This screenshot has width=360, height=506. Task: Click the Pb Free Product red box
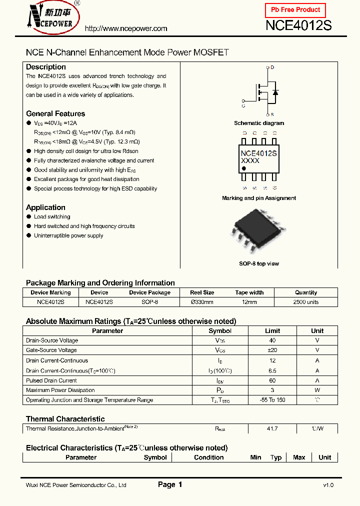pos(295,10)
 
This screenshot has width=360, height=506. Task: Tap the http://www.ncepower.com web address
pos(126,28)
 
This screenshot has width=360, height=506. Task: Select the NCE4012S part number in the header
pos(298,25)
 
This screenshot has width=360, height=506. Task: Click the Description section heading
pos(46,67)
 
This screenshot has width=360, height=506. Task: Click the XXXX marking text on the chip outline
pos(250,161)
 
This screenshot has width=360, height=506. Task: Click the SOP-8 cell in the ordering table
pos(149,302)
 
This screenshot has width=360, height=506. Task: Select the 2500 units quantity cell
pos(305,302)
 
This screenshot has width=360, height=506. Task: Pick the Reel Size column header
pos(202,292)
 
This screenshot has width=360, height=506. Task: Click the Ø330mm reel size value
pos(202,302)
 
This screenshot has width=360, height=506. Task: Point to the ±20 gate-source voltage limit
pos(272,350)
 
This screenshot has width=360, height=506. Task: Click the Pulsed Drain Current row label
pos(51,380)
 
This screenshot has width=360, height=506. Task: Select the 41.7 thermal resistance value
pos(272,428)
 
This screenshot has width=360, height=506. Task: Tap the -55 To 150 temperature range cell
pos(272,400)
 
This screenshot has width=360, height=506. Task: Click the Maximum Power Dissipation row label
pos(60,390)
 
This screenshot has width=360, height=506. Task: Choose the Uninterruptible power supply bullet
pos(68,235)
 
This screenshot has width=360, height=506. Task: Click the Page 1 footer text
pos(170,484)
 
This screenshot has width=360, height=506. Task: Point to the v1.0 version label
pos(328,485)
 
